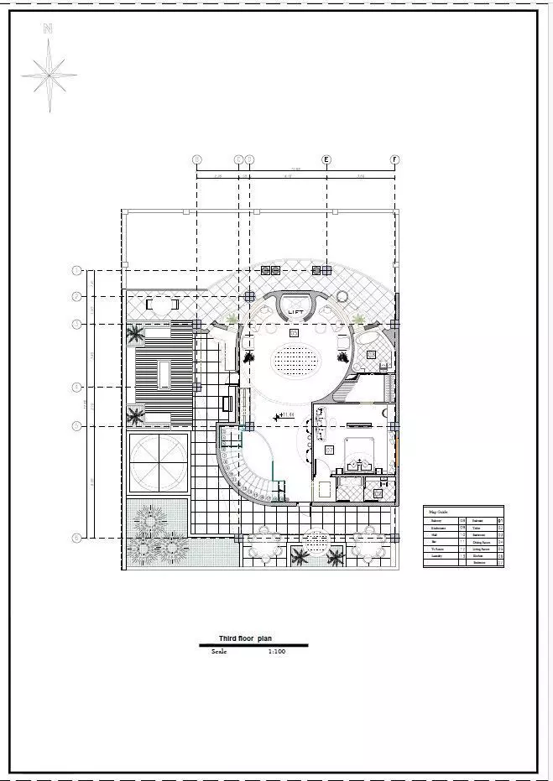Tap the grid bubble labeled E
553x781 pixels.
point(326,159)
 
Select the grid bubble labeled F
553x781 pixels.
point(394,159)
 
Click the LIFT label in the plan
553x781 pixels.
point(295,313)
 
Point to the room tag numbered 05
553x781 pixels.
point(294,333)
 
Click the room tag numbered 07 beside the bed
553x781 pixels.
point(330,450)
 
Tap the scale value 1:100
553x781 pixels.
point(277,651)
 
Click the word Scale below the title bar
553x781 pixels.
point(219,651)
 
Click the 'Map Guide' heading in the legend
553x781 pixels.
point(439,511)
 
